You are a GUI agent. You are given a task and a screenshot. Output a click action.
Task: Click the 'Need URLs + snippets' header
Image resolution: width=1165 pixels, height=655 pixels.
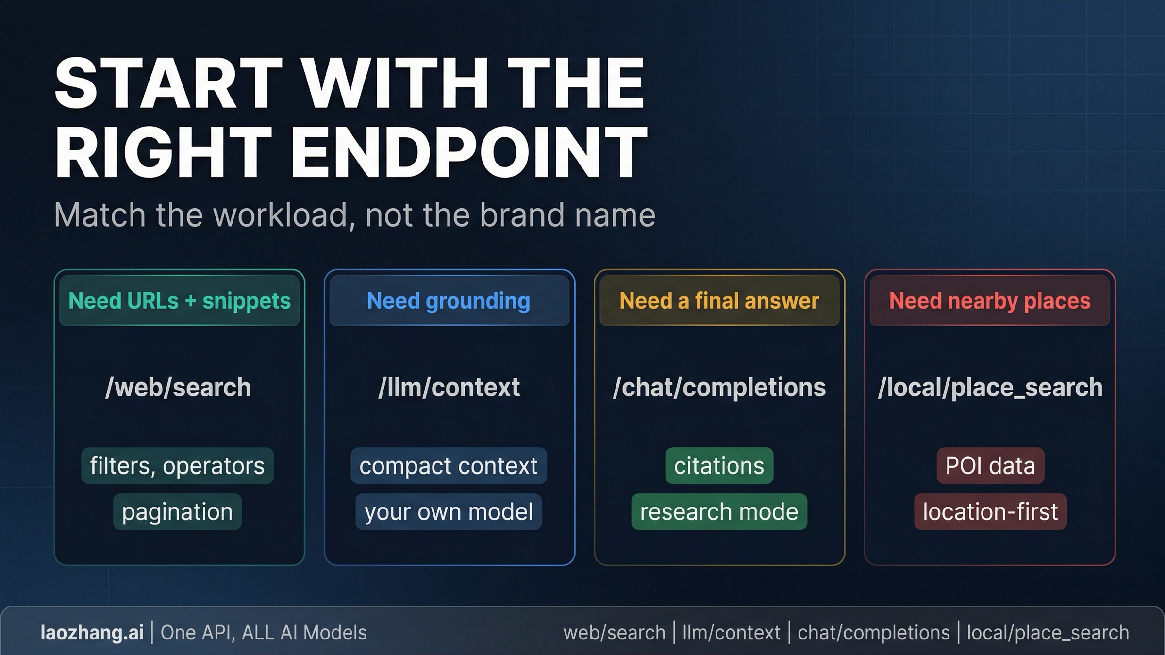click(x=180, y=301)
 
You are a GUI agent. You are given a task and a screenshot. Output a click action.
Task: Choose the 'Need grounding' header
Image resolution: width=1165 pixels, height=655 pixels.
click(x=449, y=301)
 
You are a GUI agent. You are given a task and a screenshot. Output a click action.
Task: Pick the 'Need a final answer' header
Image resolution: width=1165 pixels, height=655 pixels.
click(x=719, y=301)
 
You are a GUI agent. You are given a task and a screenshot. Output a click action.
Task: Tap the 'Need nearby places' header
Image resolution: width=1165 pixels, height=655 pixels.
click(x=990, y=301)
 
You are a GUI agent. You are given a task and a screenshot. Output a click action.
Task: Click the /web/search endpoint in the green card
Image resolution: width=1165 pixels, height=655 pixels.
click(x=178, y=387)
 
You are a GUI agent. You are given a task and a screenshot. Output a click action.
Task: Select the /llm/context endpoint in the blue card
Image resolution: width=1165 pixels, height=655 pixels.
click(x=449, y=387)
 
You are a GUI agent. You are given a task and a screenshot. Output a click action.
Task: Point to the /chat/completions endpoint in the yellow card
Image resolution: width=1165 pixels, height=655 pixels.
click(x=719, y=387)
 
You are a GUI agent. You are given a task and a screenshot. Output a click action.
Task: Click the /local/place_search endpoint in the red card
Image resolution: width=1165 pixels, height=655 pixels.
click(x=990, y=387)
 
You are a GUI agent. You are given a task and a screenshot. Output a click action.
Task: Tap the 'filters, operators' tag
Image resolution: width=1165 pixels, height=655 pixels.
click(x=177, y=466)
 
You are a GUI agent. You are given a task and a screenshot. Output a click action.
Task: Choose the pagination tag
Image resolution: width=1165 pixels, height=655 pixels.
click(x=177, y=512)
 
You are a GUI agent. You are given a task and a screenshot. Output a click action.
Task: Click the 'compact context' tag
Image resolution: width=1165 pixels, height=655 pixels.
click(x=449, y=466)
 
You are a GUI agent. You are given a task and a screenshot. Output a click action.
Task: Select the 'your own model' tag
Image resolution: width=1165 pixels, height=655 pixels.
click(x=449, y=512)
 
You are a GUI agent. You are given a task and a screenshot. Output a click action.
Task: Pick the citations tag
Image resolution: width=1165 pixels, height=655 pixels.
click(x=719, y=466)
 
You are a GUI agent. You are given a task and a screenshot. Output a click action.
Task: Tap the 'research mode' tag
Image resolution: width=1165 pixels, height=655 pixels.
click(x=719, y=512)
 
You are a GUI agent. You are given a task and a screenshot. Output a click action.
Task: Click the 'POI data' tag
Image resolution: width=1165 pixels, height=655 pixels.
click(x=990, y=466)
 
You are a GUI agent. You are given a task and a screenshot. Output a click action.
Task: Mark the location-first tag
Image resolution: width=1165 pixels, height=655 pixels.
click(x=990, y=512)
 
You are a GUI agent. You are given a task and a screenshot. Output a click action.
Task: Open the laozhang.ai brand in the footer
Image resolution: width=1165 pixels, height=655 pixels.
click(x=92, y=633)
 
